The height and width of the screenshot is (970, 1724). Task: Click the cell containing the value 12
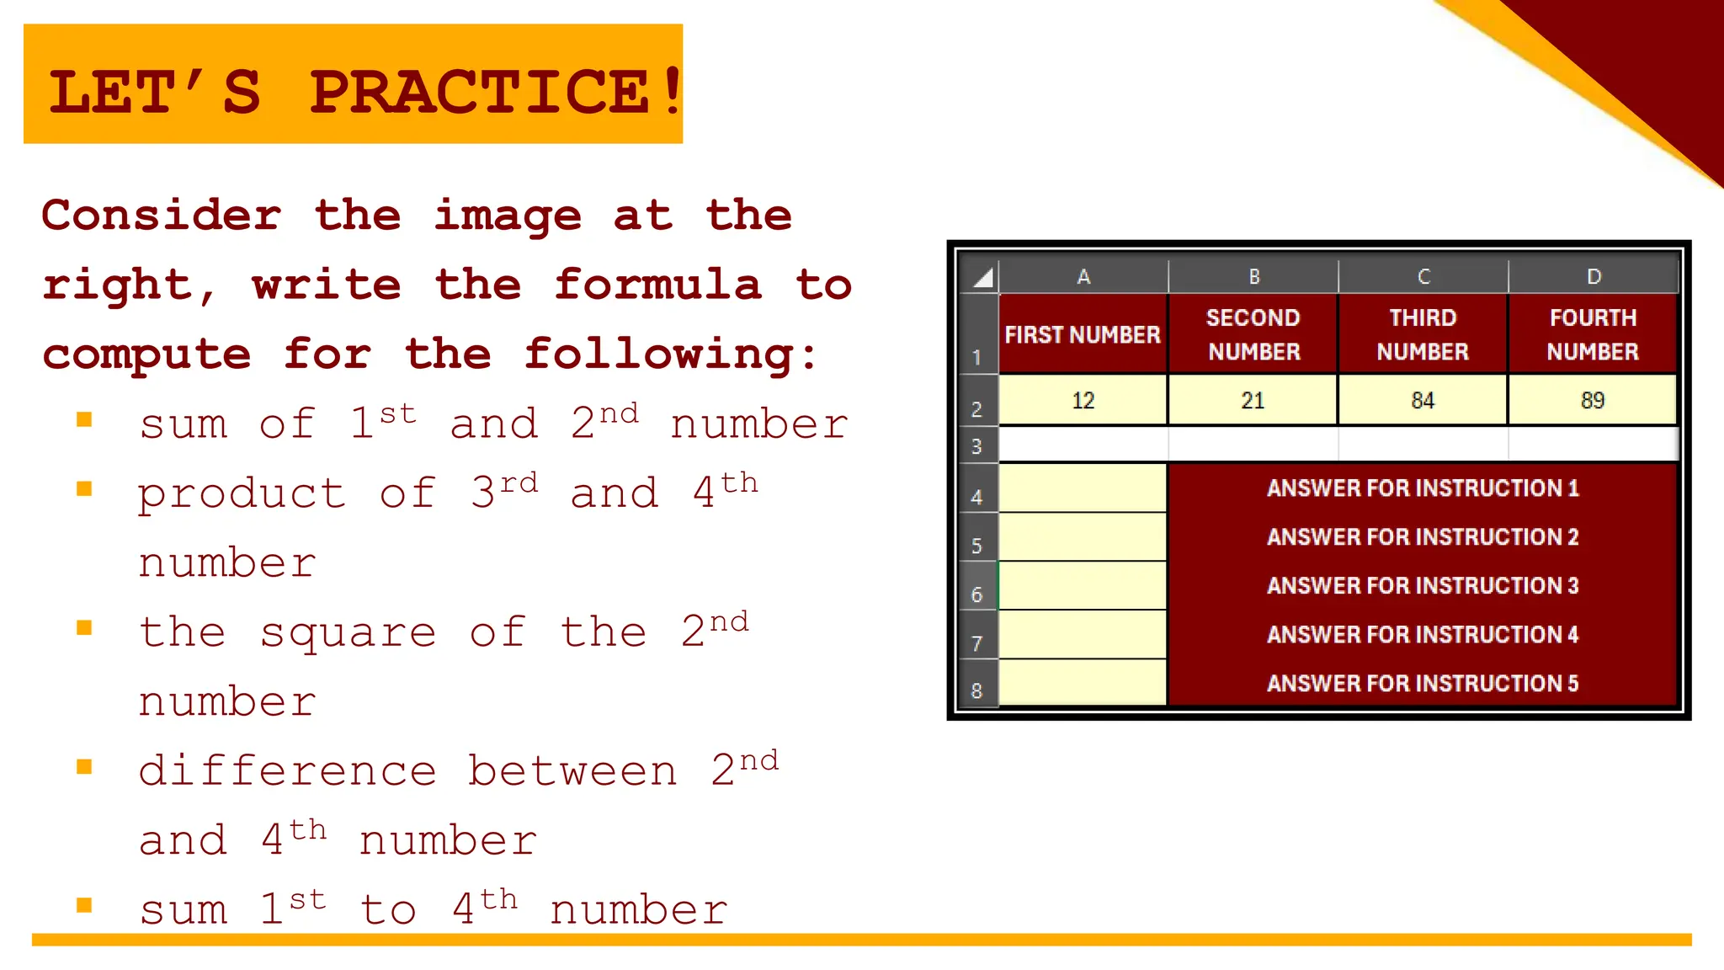(x=1083, y=400)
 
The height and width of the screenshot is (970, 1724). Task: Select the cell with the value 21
(x=1253, y=400)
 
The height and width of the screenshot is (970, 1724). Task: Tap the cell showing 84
(x=1423, y=400)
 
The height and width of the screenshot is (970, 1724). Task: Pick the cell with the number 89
(x=1592, y=400)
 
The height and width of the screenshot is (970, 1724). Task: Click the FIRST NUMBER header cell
(x=1083, y=334)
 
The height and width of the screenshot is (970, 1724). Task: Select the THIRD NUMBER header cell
(x=1423, y=334)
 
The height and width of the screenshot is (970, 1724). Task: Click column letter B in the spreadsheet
(x=1253, y=276)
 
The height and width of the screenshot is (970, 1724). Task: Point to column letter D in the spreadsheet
(x=1594, y=276)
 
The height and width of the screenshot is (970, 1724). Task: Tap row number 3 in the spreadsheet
(x=976, y=445)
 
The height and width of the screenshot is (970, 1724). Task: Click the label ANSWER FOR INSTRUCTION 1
(x=1423, y=488)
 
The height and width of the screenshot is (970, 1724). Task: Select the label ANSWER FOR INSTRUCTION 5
(x=1423, y=683)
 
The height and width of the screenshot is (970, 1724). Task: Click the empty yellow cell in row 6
(x=1083, y=586)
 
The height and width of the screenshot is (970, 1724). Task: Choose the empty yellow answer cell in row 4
(x=1083, y=488)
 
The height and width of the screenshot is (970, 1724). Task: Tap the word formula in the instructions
(x=657, y=285)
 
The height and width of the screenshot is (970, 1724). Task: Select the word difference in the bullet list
(x=287, y=771)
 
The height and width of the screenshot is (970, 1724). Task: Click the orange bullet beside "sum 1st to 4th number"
(x=84, y=905)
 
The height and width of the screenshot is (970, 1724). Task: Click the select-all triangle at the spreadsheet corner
(x=982, y=277)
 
